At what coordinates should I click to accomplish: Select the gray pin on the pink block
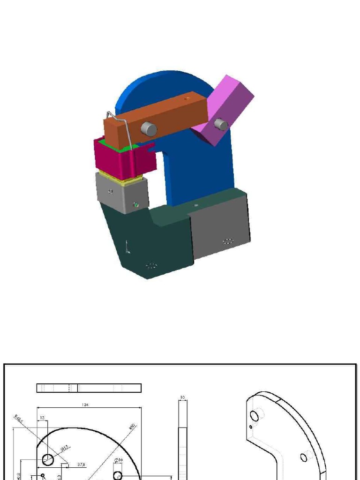click(221, 125)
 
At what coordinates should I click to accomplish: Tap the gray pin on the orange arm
click(149, 128)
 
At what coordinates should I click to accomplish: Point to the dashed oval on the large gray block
click(228, 241)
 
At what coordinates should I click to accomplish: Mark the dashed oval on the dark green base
click(151, 266)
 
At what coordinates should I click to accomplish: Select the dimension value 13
click(42, 418)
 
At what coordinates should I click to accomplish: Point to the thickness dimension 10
click(182, 397)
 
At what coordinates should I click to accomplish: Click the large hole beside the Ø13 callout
click(48, 459)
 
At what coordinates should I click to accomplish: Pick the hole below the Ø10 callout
click(118, 475)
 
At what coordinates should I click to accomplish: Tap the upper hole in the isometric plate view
click(255, 416)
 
